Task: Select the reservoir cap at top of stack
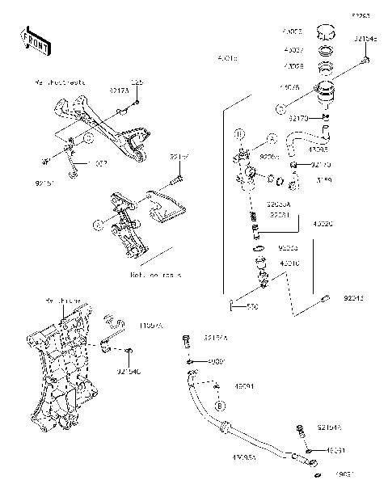(x=325, y=36)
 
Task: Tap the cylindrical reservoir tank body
(x=327, y=91)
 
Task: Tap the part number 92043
(x=353, y=297)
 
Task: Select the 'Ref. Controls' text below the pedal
(x=156, y=275)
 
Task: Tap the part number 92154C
(x=129, y=372)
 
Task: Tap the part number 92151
(x=44, y=183)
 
